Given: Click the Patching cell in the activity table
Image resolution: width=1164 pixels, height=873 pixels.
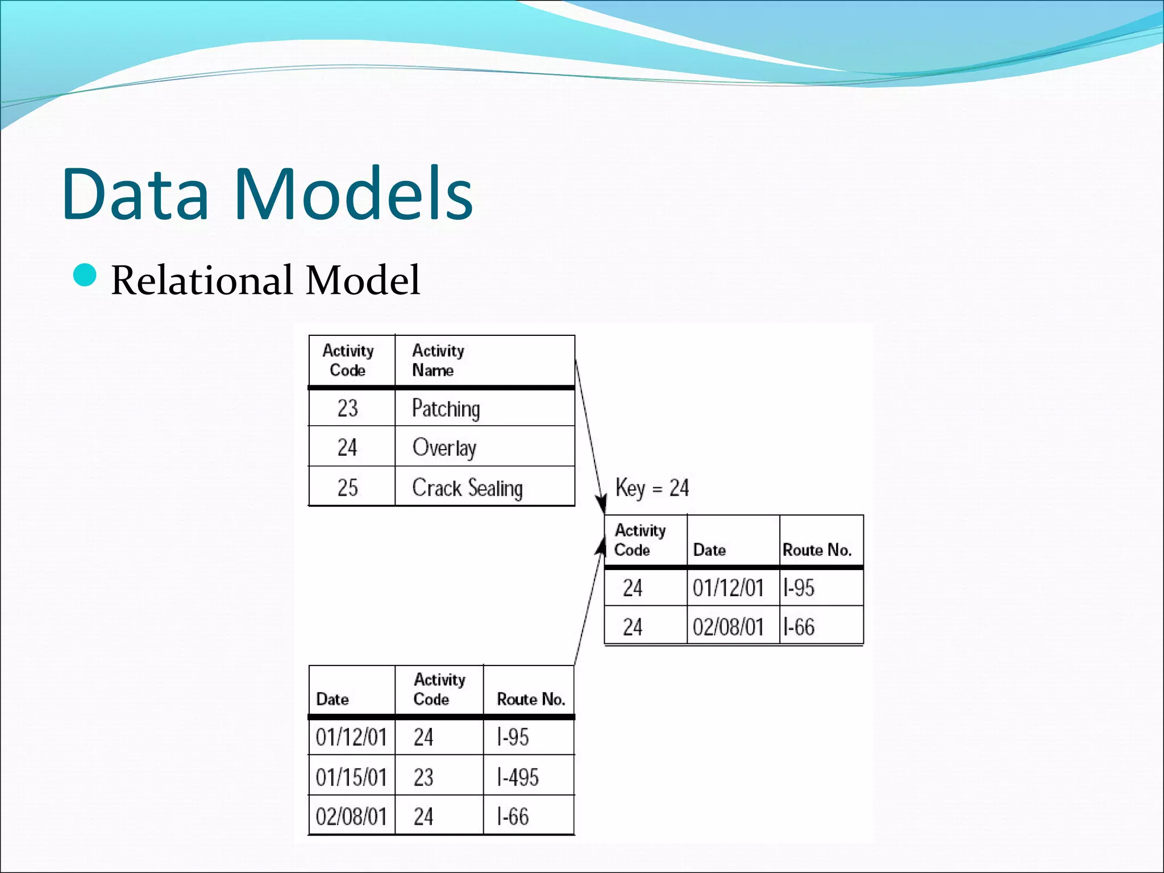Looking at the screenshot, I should (x=446, y=409).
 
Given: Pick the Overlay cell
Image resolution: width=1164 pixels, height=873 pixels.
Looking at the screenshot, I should (x=444, y=448).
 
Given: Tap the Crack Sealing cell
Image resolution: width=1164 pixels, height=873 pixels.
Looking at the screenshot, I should (x=467, y=488).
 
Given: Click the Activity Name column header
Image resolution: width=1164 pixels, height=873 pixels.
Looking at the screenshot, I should (x=438, y=360).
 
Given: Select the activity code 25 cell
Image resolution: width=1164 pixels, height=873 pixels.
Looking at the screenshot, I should (x=348, y=488).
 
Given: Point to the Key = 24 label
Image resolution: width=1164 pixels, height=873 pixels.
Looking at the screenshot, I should (x=652, y=488).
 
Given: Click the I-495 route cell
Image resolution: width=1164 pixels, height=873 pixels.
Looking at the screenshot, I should (x=518, y=777).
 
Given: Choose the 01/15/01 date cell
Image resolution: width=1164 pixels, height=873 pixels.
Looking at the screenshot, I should (x=351, y=777).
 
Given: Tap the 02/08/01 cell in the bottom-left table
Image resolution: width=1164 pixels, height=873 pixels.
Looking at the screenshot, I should (x=351, y=817).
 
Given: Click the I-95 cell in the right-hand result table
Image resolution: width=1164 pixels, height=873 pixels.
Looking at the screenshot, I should (x=799, y=588).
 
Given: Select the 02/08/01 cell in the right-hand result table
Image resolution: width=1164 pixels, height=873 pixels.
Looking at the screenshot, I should (x=728, y=627).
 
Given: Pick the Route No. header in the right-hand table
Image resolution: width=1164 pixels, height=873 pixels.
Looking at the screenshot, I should (x=817, y=550).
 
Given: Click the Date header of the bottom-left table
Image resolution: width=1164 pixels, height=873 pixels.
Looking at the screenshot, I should (x=332, y=699).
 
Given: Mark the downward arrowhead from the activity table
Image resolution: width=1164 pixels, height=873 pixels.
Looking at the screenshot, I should (x=601, y=505).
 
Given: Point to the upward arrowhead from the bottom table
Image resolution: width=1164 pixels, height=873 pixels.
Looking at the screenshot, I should (x=601, y=547).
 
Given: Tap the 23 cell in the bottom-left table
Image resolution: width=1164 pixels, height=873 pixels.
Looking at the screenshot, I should (x=423, y=777).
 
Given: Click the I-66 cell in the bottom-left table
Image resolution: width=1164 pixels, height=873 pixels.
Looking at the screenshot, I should (x=513, y=817).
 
